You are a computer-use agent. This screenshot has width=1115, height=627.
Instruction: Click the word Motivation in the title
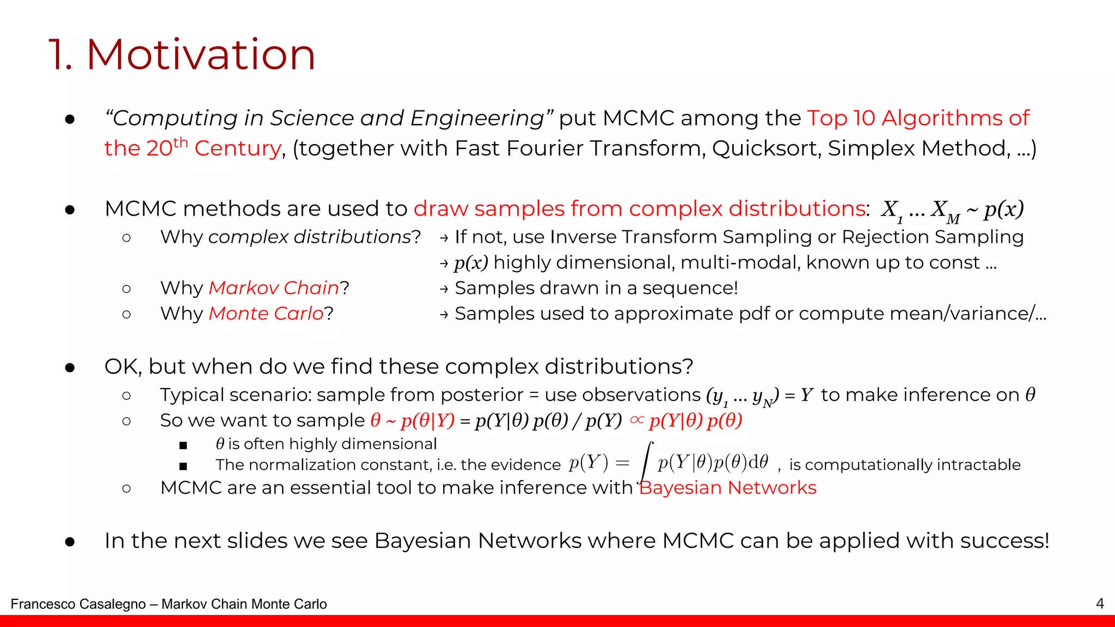[201, 55]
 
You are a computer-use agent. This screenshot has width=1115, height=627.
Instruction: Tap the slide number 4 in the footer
[1099, 604]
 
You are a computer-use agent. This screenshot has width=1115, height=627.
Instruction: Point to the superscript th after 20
[180, 143]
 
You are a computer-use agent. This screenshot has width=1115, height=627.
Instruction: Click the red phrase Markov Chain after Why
[274, 288]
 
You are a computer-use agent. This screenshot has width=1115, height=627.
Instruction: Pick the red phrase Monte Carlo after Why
[266, 313]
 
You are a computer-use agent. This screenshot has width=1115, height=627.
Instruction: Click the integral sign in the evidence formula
[646, 463]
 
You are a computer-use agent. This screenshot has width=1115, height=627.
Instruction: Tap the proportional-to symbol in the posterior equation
[636, 420]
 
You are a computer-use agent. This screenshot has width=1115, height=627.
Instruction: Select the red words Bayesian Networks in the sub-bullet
[728, 488]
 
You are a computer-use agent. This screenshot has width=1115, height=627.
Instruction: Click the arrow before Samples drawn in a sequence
[444, 289]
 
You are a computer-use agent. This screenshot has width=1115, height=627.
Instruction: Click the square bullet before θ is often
[183, 445]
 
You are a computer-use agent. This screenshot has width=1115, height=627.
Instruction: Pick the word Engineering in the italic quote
[477, 119]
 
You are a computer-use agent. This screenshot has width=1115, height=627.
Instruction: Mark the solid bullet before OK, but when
[70, 368]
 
